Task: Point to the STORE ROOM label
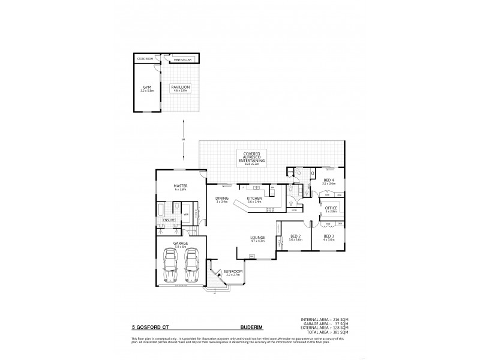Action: pyautogui.click(x=145, y=59)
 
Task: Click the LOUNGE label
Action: pyautogui.click(x=258, y=239)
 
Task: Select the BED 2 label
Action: pyautogui.click(x=294, y=237)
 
